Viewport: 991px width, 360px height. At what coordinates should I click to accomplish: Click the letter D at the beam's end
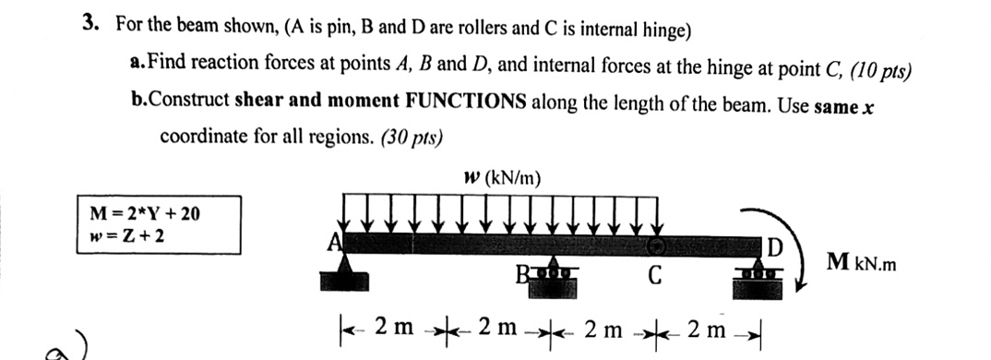776,249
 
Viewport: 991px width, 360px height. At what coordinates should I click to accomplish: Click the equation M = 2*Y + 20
145,214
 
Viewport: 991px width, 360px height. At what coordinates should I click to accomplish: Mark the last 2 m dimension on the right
711,326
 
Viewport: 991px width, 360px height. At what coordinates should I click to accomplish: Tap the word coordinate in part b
205,137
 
